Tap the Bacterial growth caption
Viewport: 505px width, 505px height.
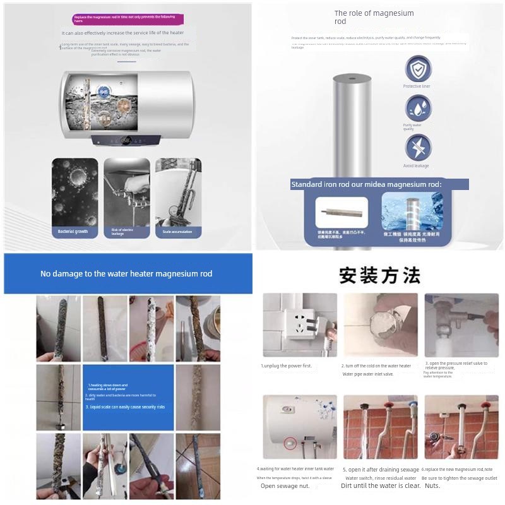74,232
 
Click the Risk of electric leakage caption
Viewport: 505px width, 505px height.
126,232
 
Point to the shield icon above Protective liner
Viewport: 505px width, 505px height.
418,68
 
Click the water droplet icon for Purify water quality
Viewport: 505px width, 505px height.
418,108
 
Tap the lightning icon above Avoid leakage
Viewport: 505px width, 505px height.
418,148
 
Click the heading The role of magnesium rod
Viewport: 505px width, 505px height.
374,17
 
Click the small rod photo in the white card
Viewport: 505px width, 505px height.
342,213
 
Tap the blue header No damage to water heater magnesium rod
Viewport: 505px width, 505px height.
126,274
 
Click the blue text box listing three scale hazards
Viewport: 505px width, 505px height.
128,397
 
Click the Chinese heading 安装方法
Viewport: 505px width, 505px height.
379,276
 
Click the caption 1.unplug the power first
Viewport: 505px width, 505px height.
287,365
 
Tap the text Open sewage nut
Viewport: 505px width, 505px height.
285,486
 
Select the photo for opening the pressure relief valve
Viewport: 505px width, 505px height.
461,324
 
